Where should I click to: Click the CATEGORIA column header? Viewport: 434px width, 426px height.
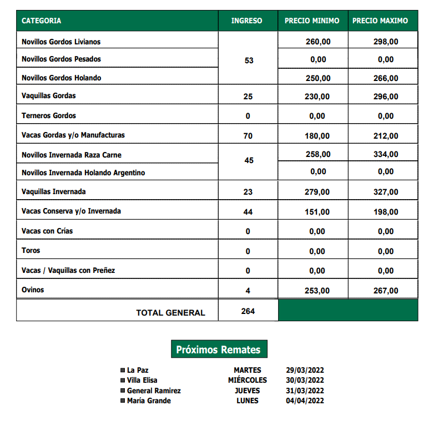pos(42,21)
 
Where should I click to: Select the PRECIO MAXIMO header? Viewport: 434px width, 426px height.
pos(380,21)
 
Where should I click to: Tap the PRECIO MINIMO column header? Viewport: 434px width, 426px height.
pos(312,21)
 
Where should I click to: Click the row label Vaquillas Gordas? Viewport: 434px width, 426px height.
pos(49,96)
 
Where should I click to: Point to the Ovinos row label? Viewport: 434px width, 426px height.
pos(33,290)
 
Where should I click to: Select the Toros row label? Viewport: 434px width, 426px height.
pos(31,251)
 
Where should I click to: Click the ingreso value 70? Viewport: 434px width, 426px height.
pos(248,136)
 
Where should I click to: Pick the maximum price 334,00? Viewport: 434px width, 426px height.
pos(385,154)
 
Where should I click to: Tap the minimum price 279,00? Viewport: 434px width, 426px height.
pos(317,192)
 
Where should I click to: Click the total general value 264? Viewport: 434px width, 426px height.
pos(248,311)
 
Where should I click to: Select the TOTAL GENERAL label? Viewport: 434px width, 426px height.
pos(170,313)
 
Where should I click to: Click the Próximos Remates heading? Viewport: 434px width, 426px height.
pos(218,350)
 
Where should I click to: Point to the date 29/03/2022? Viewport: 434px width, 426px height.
pos(305,371)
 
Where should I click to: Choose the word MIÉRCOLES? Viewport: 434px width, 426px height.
pos(247,381)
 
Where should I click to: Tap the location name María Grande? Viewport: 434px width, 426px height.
pos(149,400)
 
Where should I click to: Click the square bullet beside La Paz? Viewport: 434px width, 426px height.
pos(123,371)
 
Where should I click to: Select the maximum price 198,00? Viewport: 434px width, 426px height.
pos(385,212)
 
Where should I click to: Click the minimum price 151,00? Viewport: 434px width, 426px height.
pos(317,212)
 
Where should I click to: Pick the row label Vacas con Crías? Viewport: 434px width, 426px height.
pos(47,231)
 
